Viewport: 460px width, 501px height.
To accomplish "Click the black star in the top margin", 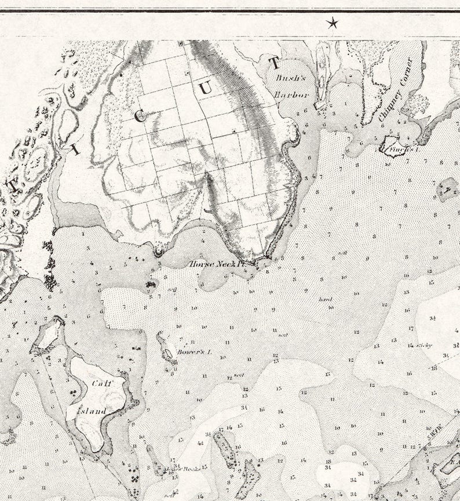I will (332, 23).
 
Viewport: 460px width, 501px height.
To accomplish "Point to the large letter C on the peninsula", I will (139, 115).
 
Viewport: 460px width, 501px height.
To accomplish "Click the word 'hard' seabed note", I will (324, 299).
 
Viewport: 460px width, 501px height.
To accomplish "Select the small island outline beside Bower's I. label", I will (168, 353).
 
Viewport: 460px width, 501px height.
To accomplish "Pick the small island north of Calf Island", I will (49, 334).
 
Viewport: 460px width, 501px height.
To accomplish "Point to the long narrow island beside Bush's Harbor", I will (322, 74).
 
